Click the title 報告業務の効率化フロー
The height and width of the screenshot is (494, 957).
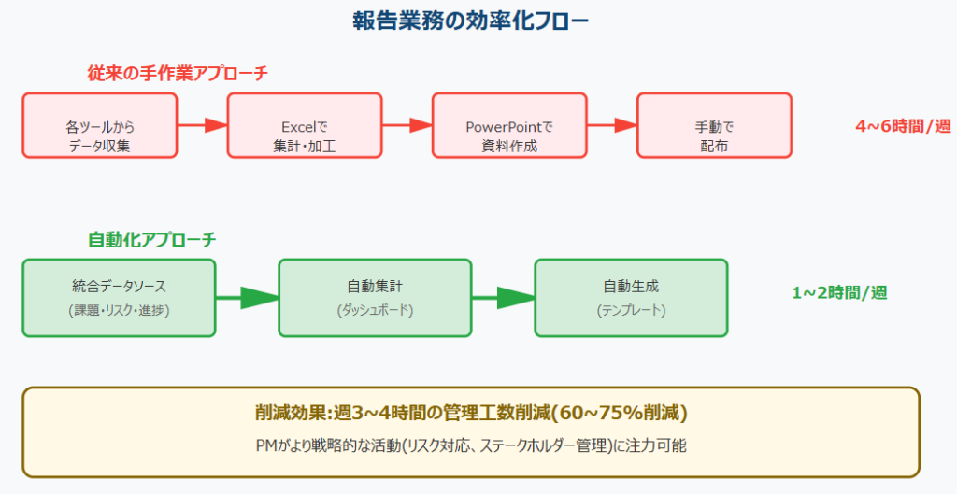pos(471,22)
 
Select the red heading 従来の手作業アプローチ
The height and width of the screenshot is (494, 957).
pos(178,73)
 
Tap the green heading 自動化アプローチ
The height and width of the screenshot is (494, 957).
pos(152,240)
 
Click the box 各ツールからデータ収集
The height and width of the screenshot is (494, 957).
pos(99,126)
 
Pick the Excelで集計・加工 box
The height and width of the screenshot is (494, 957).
pos(305,126)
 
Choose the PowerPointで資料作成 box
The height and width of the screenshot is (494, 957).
pos(509,126)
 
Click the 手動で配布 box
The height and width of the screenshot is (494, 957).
pos(715,126)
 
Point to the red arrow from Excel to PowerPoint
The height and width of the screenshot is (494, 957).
pos(407,125)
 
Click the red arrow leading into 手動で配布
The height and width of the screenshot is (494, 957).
pos(612,125)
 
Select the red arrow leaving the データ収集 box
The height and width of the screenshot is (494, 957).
pos(202,125)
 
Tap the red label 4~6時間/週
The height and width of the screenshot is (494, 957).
pos(904,126)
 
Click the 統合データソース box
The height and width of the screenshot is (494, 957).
pos(119,298)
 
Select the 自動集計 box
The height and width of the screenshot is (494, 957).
pos(375,298)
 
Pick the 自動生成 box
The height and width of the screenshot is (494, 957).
pos(631,298)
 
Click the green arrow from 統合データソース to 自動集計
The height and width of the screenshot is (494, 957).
pos(247,298)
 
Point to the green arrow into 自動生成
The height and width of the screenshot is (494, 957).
pos(504,298)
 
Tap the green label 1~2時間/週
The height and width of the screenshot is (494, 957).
pos(840,292)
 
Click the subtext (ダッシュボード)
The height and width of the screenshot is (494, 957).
pos(375,310)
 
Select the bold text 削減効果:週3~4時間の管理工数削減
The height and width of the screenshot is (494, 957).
pos(403,414)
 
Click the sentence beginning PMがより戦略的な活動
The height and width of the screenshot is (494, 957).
pos(471,445)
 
